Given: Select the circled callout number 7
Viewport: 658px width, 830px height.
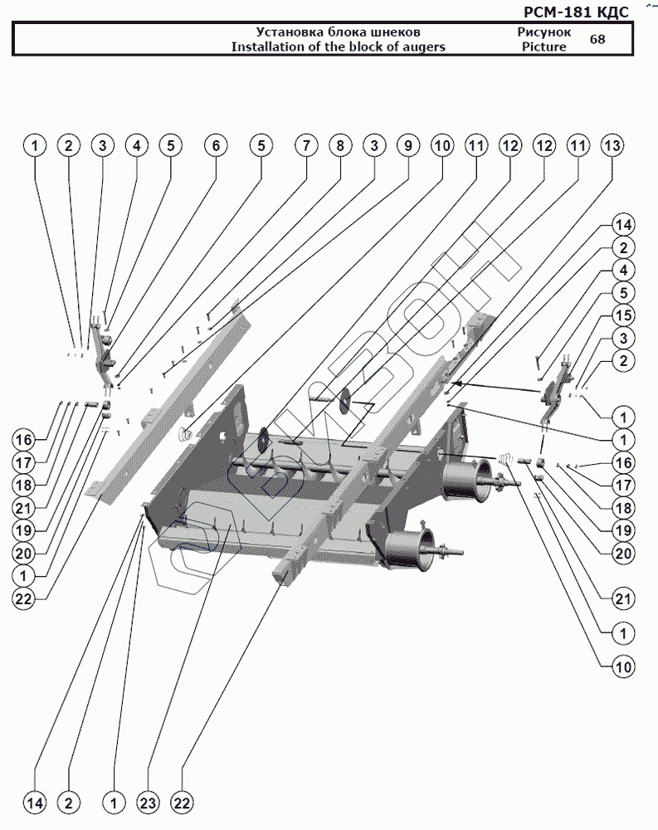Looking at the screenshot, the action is (305, 146).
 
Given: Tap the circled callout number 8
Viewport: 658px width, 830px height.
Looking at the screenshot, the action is (339, 146).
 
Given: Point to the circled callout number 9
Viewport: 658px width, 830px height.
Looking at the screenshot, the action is (407, 146).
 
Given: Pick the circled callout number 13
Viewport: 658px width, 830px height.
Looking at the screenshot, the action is (612, 146).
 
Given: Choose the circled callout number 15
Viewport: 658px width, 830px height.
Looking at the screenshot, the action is (623, 315).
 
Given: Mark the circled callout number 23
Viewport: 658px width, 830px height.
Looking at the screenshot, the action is (148, 803).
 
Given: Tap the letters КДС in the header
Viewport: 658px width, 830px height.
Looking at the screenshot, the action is (613, 12).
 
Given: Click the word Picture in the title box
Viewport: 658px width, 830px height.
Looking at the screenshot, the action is (543, 46).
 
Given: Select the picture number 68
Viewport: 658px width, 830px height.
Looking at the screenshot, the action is (597, 39).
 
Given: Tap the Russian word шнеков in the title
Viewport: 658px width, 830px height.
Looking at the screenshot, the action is (399, 32).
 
